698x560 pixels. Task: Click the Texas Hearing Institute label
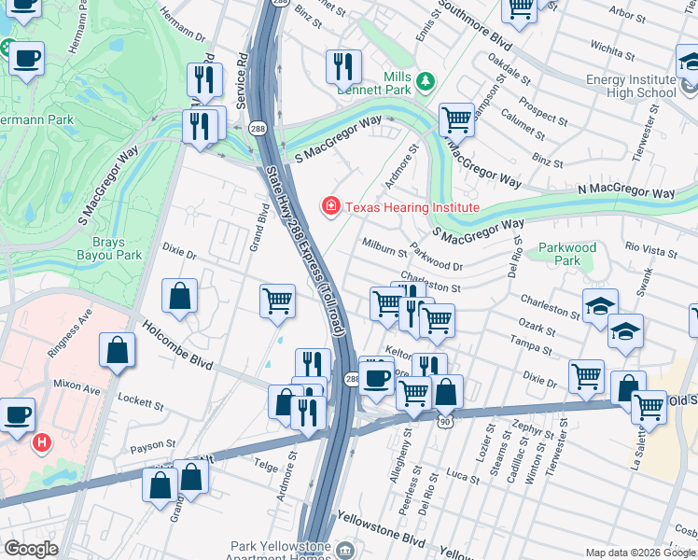pos(412,207)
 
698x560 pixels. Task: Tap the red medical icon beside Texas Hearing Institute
pos(330,206)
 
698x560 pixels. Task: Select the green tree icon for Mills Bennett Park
pos(426,82)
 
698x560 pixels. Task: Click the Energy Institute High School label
pos(631,86)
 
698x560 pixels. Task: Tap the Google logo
pos(31,548)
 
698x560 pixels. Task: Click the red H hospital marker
pos(41,442)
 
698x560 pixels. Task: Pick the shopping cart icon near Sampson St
pos(456,119)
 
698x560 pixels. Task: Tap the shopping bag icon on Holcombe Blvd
pos(118,351)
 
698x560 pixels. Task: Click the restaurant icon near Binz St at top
pos(343,65)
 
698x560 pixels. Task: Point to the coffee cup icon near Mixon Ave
pos(17,413)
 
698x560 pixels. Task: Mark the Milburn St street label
pos(384,246)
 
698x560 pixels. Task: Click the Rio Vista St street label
pos(651,249)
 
